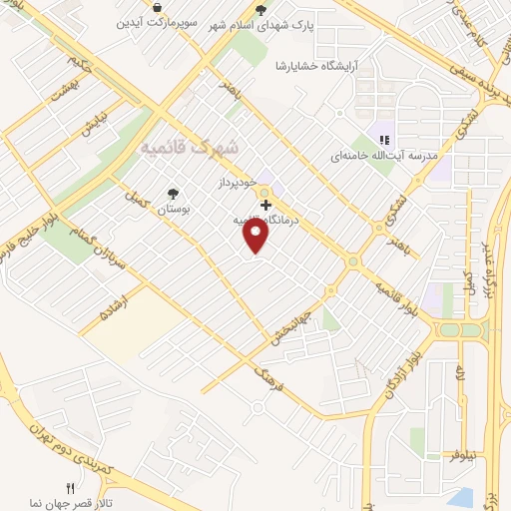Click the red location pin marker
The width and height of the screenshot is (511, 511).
256,236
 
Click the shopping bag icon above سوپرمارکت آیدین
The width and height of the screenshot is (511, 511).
158,7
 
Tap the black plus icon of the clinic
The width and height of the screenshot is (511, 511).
265,204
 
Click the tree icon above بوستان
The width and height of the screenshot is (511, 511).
174,195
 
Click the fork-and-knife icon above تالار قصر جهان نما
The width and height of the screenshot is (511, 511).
70,488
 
